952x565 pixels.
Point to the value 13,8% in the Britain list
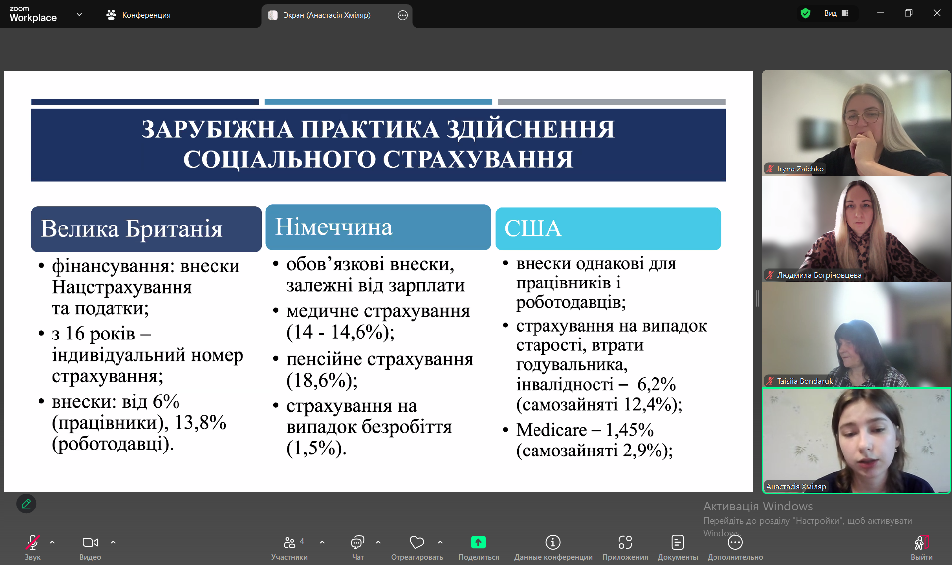pos(200,422)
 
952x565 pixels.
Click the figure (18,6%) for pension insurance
pos(322,381)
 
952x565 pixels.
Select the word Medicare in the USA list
pos(551,430)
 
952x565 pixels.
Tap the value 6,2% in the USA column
pos(656,384)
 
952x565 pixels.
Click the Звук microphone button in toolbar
pos(33,547)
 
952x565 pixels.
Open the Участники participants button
pos(290,547)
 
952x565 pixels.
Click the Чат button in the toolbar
pos(357,547)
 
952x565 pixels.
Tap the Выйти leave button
pos(922,547)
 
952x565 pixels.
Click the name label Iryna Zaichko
pos(800,169)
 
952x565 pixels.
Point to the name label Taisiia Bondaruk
pos(805,381)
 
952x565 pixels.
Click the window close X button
pos(937,13)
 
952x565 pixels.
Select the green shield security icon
pos(805,13)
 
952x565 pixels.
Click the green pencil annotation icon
pos(26,504)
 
